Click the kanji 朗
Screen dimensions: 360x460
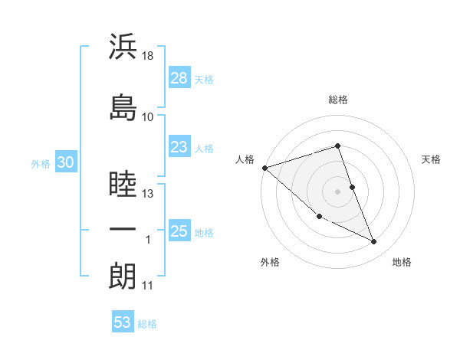123,276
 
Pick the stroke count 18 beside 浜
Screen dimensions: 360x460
148,55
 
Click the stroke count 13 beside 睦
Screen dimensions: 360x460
148,194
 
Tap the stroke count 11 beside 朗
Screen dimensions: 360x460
148,286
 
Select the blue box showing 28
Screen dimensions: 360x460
179,77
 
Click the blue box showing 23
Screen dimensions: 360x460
179,147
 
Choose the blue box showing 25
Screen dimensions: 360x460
179,231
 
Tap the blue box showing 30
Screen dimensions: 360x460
65,162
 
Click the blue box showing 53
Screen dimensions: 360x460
122,322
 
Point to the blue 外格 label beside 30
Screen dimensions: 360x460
41,163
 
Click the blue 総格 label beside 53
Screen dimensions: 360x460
147,324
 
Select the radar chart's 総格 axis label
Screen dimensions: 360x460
338,100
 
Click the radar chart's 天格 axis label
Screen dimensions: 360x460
432,159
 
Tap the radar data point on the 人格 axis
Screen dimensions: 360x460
264,168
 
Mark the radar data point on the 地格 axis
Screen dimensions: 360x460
374,242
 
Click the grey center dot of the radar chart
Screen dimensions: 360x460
338,191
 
